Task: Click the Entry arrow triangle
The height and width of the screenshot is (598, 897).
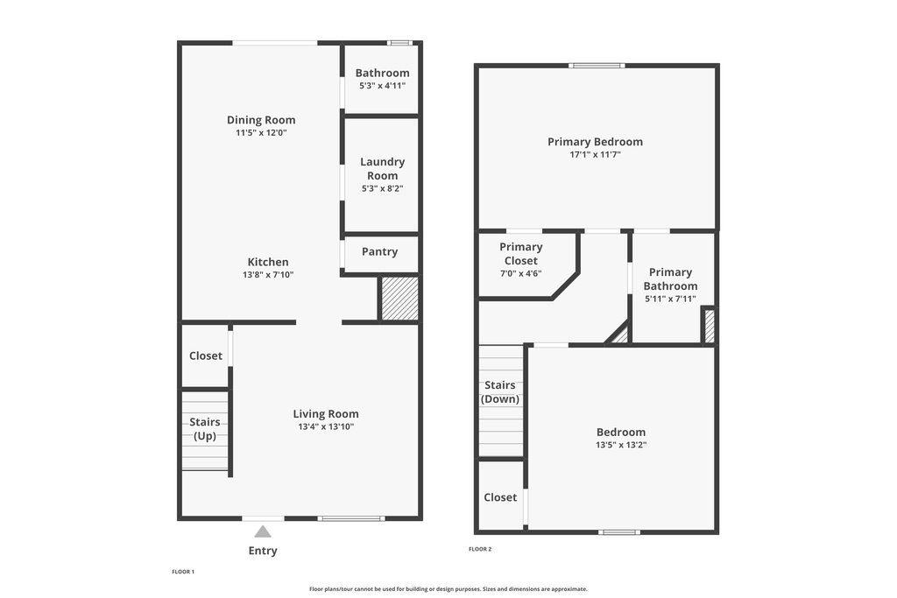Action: click(x=263, y=531)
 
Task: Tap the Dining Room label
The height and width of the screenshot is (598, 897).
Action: click(x=261, y=120)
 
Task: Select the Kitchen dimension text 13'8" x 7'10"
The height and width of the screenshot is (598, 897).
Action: click(x=268, y=275)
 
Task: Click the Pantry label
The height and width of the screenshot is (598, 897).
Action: click(x=379, y=251)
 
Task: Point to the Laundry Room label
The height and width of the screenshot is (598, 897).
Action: click(x=382, y=168)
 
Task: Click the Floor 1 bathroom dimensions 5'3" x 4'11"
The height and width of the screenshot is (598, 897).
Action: click(x=382, y=86)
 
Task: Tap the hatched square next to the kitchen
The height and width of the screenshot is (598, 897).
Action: click(x=399, y=299)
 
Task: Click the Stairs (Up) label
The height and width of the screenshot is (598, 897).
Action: click(x=205, y=428)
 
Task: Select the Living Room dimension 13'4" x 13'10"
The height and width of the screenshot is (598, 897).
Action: click(x=325, y=427)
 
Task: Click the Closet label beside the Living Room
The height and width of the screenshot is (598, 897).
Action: click(x=206, y=355)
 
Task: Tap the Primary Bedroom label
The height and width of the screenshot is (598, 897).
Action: click(x=595, y=142)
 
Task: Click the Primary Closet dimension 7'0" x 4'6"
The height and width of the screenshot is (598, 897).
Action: click(x=521, y=273)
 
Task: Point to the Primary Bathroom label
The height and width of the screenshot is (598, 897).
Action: click(x=670, y=278)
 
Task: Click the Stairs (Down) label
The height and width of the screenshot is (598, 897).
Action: click(x=500, y=391)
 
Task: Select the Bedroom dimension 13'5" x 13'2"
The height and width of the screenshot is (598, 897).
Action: click(x=621, y=445)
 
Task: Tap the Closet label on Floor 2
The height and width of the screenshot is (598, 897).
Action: click(x=500, y=496)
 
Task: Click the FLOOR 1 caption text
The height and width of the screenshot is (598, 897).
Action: click(x=183, y=572)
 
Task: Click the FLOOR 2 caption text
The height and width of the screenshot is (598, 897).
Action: click(x=480, y=549)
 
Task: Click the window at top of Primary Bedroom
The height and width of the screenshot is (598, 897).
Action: click(x=597, y=65)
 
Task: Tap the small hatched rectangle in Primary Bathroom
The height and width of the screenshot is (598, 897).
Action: click(x=710, y=326)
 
